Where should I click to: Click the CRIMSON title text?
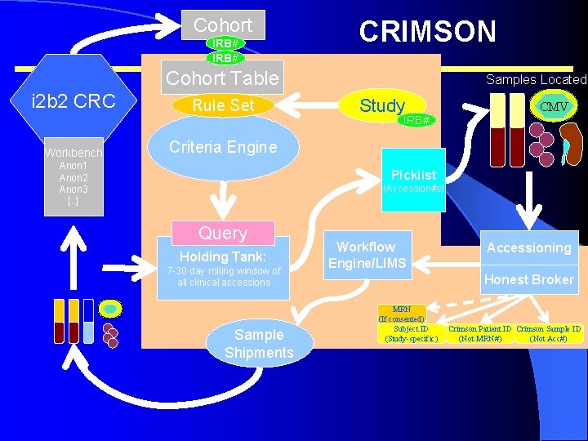tap(427, 31)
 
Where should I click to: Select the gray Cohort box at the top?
tap(223, 24)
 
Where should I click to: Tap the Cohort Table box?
tap(223, 78)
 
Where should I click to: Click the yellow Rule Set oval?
tap(223, 105)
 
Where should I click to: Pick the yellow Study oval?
tap(382, 105)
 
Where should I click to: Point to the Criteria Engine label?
tap(223, 147)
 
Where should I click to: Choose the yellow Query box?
tap(223, 233)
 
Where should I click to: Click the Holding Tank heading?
tap(223, 256)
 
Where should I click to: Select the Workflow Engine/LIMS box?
tap(366, 255)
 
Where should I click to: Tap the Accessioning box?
tap(529, 247)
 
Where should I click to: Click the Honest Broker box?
tap(529, 279)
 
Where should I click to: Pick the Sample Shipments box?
tap(259, 343)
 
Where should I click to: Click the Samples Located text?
tap(536, 79)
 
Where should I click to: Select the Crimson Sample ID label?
tap(548, 333)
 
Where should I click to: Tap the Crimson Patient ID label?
tap(479, 333)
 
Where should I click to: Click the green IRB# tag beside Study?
tap(417, 120)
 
